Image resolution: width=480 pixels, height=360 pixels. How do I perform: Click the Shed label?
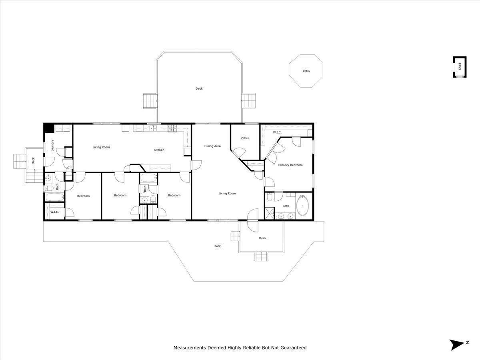460,66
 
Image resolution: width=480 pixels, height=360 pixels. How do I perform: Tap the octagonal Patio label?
306,71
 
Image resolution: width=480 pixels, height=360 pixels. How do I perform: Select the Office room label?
245,138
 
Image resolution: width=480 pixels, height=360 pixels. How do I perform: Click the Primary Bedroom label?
290,165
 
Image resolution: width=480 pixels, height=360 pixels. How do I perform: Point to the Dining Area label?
212,146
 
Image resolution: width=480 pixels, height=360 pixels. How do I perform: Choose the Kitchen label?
159,150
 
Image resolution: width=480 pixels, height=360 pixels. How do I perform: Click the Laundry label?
52,146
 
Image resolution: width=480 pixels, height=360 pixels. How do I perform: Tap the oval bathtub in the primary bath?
302,206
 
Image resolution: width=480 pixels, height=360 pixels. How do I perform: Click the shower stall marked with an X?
270,213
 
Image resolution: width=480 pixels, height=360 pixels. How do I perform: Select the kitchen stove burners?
172,128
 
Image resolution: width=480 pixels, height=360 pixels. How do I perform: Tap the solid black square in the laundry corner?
49,128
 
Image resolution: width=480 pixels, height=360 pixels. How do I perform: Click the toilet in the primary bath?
270,197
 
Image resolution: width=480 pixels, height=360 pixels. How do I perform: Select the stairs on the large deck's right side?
248,100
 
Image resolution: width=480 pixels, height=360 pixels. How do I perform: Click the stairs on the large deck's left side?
150,101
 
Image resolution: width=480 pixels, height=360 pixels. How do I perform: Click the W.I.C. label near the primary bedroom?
277,132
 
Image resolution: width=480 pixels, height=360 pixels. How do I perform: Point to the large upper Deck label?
199,88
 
